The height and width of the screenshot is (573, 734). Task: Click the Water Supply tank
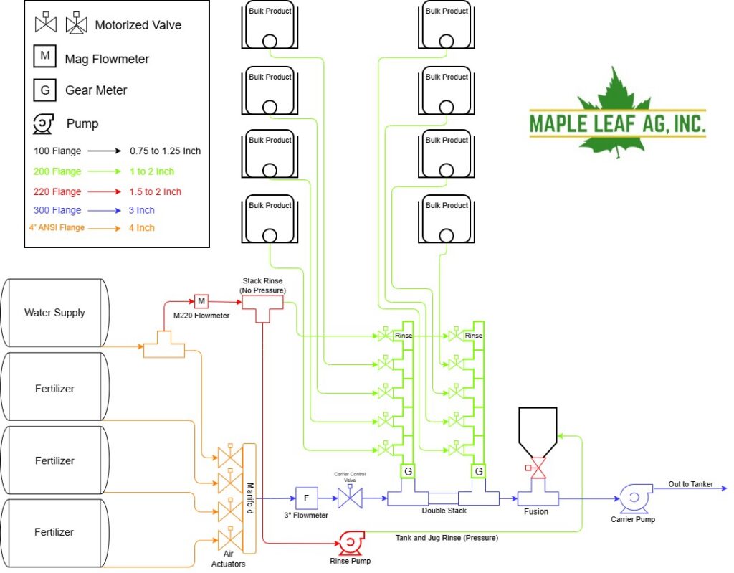pyautogui.click(x=54, y=313)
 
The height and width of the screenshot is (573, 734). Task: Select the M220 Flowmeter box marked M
pyautogui.click(x=201, y=301)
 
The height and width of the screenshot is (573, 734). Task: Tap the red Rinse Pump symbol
pyautogui.click(x=351, y=543)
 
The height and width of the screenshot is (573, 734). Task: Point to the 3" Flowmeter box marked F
pyautogui.click(x=307, y=498)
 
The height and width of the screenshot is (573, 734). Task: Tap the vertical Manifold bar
pyautogui.click(x=249, y=498)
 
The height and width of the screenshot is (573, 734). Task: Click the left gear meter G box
pyautogui.click(x=408, y=471)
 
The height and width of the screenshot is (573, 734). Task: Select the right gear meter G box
pyautogui.click(x=479, y=471)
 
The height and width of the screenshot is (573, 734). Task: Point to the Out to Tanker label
pyautogui.click(x=690, y=484)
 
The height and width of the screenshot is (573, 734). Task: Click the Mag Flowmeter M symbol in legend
pyautogui.click(x=45, y=56)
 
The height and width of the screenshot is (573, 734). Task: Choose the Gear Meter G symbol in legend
pyautogui.click(x=45, y=90)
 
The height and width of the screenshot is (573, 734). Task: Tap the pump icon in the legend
pyautogui.click(x=43, y=124)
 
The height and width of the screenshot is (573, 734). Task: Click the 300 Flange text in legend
pyautogui.click(x=57, y=210)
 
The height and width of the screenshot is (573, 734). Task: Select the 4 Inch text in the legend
pyautogui.click(x=141, y=228)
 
